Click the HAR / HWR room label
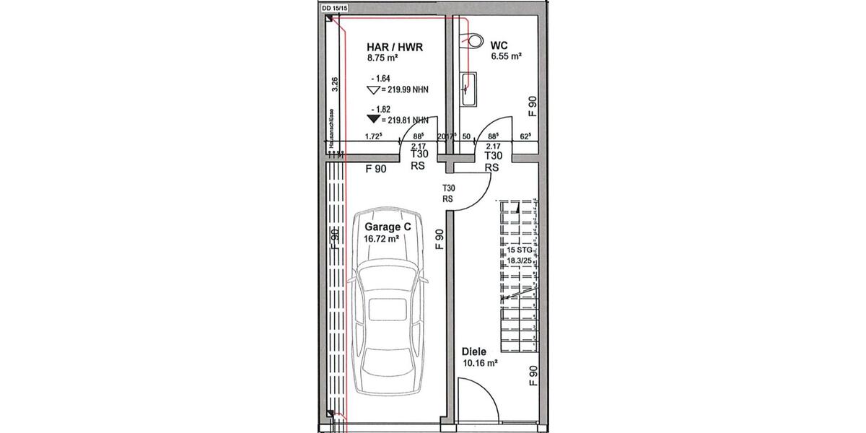click(x=394, y=48)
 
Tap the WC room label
click(x=497, y=44)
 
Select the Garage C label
click(x=382, y=227)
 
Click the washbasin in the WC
click(x=468, y=88)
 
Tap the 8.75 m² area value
click(x=382, y=58)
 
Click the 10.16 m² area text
click(x=480, y=364)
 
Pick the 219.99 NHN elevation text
click(x=403, y=91)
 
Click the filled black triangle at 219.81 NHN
click(x=373, y=118)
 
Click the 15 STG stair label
click(x=521, y=249)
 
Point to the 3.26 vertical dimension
click(x=334, y=85)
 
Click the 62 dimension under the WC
click(x=525, y=136)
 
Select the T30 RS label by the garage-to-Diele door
click(x=447, y=193)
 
